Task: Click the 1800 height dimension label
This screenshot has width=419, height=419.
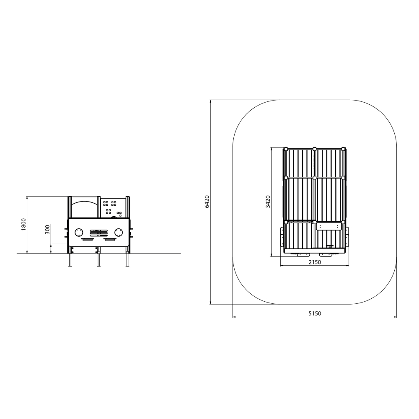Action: coord(24,225)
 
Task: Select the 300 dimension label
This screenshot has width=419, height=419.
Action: coord(47,230)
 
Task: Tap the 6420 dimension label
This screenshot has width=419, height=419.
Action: coord(207,202)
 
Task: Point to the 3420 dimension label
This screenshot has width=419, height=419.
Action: coord(268,202)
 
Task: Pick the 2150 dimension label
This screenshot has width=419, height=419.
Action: coord(315,262)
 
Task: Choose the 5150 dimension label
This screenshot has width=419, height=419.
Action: coord(315,313)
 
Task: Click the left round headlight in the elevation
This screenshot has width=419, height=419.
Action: coord(79,233)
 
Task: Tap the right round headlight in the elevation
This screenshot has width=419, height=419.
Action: coord(119,233)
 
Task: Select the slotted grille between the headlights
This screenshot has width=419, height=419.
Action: coord(99,233)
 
